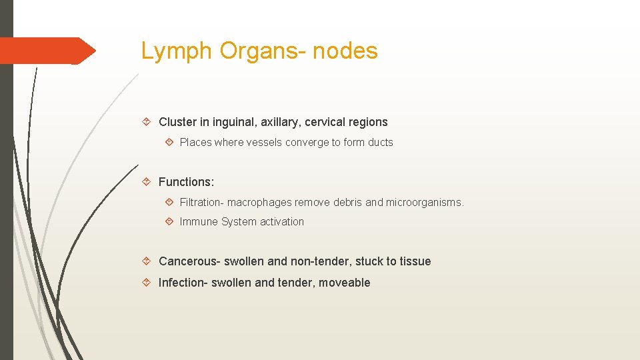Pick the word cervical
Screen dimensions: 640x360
(x=331, y=122)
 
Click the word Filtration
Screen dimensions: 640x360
(x=201, y=202)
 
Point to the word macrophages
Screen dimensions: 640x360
(x=261, y=202)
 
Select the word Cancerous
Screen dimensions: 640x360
(x=189, y=261)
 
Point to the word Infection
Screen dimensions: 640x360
(x=183, y=283)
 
